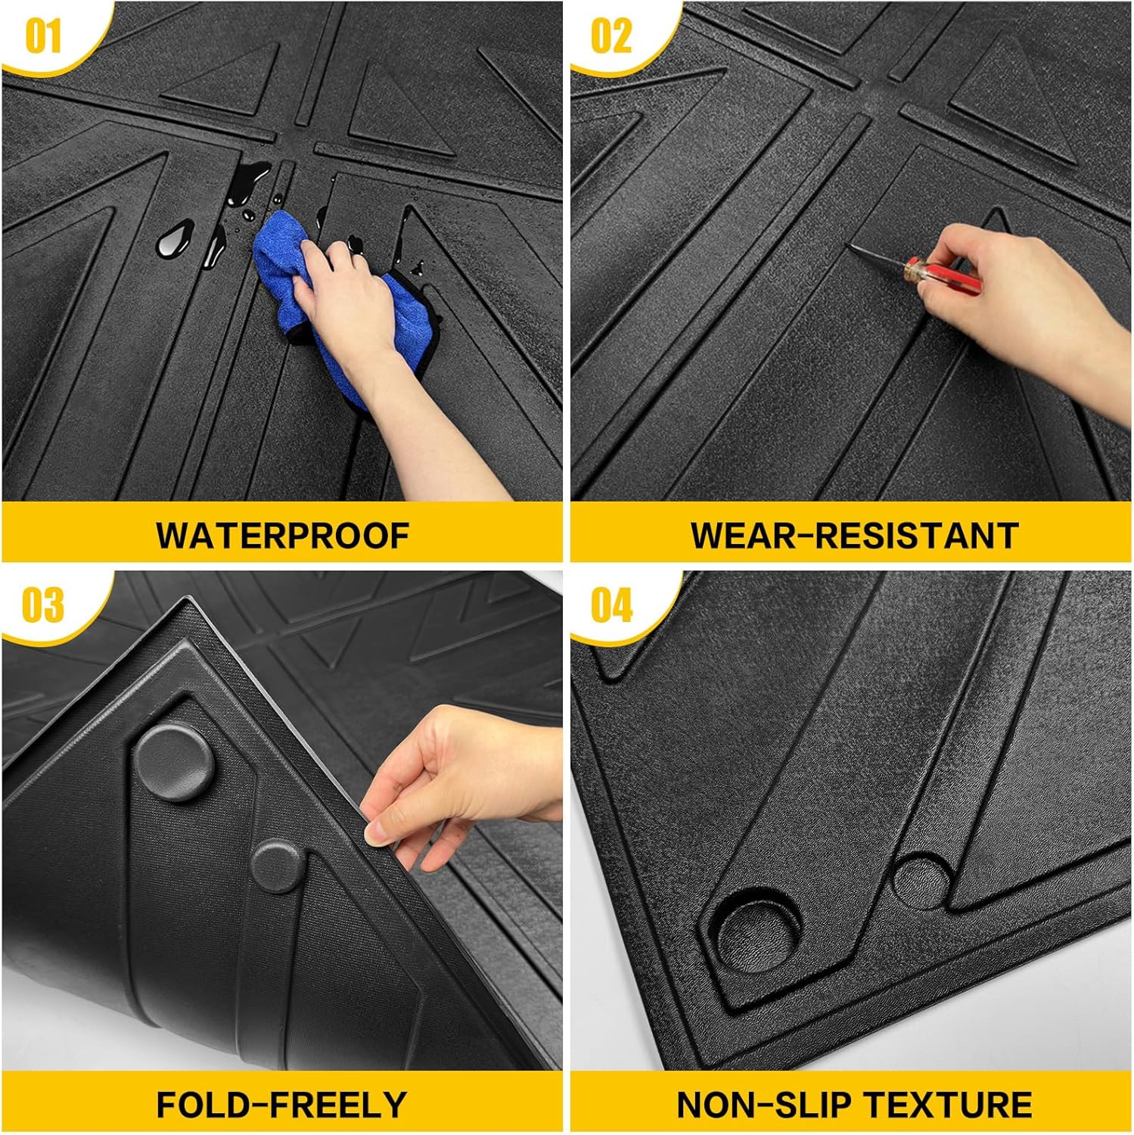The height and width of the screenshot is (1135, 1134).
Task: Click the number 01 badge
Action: (42, 36)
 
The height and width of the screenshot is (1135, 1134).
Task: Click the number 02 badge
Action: (610, 36)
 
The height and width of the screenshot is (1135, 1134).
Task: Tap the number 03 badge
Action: (42, 605)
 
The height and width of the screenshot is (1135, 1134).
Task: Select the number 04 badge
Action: (610, 605)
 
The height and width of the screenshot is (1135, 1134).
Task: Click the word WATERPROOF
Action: (282, 536)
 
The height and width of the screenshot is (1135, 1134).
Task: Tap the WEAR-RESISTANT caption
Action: (853, 536)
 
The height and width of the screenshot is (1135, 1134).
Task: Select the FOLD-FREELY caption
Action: (281, 1105)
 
